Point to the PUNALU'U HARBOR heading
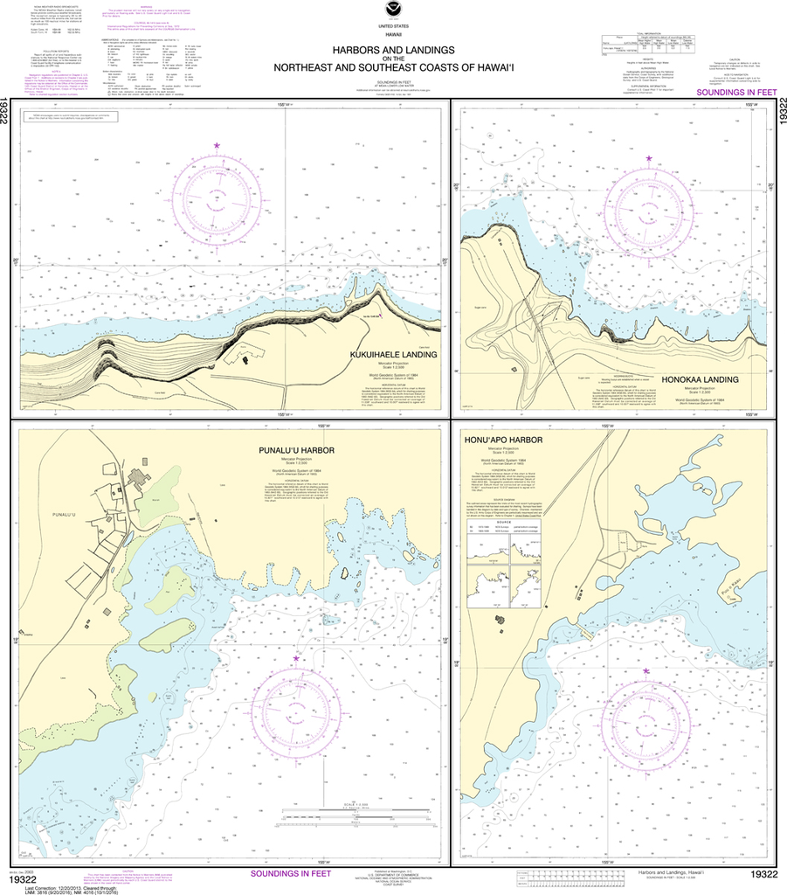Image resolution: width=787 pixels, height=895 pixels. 290,449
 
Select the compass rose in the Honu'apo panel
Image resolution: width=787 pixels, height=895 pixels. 646,716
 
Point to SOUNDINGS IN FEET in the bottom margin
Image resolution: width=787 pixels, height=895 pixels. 291,873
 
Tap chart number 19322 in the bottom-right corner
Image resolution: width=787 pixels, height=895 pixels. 763,875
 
